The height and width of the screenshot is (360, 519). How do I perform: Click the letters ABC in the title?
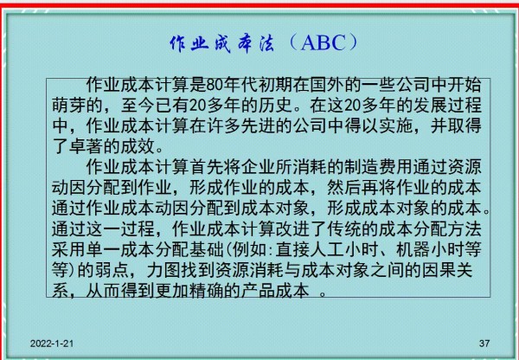(323, 43)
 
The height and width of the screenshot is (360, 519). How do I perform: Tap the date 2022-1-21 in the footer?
(52, 344)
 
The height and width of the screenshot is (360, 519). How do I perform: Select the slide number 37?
(484, 344)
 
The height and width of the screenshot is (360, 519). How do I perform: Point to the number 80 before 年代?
(215, 85)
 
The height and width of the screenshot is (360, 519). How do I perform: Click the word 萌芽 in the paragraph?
(68, 106)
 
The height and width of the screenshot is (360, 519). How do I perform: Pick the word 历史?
(275, 106)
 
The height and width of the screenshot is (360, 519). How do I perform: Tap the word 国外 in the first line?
(327, 85)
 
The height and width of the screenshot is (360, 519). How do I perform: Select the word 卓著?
(86, 146)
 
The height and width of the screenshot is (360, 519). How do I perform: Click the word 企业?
(258, 167)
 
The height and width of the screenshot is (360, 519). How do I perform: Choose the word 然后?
(344, 188)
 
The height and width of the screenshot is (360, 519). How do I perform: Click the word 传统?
(344, 228)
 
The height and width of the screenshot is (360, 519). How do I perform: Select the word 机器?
(413, 249)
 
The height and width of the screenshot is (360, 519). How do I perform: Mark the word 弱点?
(112, 270)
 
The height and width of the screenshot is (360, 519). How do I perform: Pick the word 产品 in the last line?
(258, 291)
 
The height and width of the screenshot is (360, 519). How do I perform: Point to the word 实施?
(395, 125)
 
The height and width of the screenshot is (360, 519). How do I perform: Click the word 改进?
(292, 228)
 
